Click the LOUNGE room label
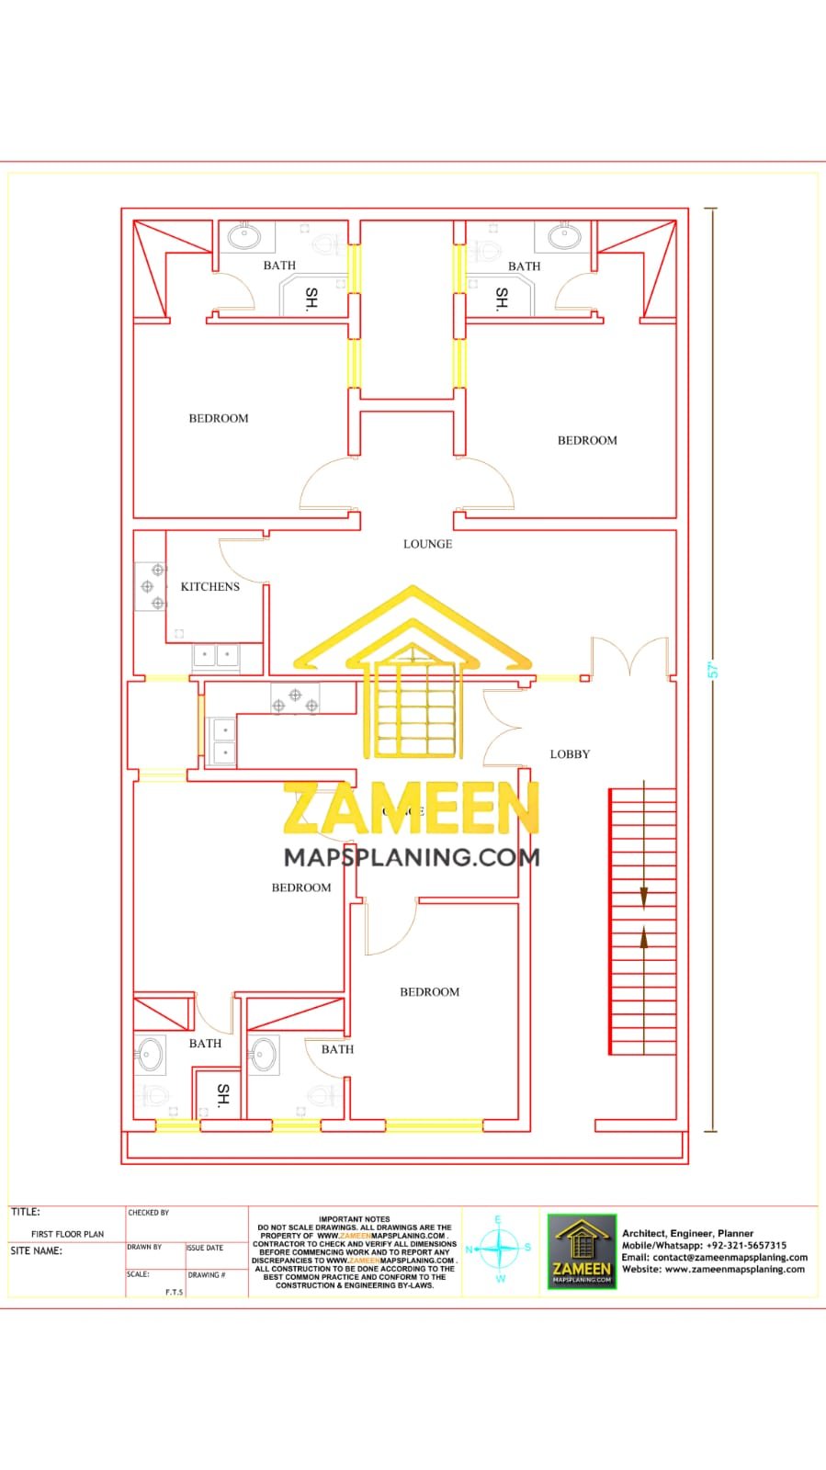pyautogui.click(x=427, y=544)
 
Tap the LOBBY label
pyautogui.click(x=570, y=754)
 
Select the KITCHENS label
pyautogui.click(x=209, y=586)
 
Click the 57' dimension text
pyautogui.click(x=712, y=670)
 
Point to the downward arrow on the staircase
pyautogui.click(x=644, y=896)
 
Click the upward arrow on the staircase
pyautogui.click(x=644, y=937)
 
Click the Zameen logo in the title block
pyautogui.click(x=582, y=1251)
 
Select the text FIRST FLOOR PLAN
pyautogui.click(x=67, y=1234)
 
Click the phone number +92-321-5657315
pyautogui.click(x=746, y=1246)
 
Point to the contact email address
pyautogui.click(x=730, y=1258)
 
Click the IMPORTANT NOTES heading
pyautogui.click(x=354, y=1219)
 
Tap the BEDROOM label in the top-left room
pyautogui.click(x=219, y=418)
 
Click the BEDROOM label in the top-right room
pyautogui.click(x=587, y=440)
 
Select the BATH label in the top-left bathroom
pyautogui.click(x=279, y=266)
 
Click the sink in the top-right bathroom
pyautogui.click(x=564, y=237)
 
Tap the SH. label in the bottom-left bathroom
pyautogui.click(x=222, y=1093)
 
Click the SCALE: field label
pyautogui.click(x=138, y=1274)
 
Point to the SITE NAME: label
pyautogui.click(x=37, y=1251)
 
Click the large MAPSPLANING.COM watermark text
pyautogui.click(x=412, y=857)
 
